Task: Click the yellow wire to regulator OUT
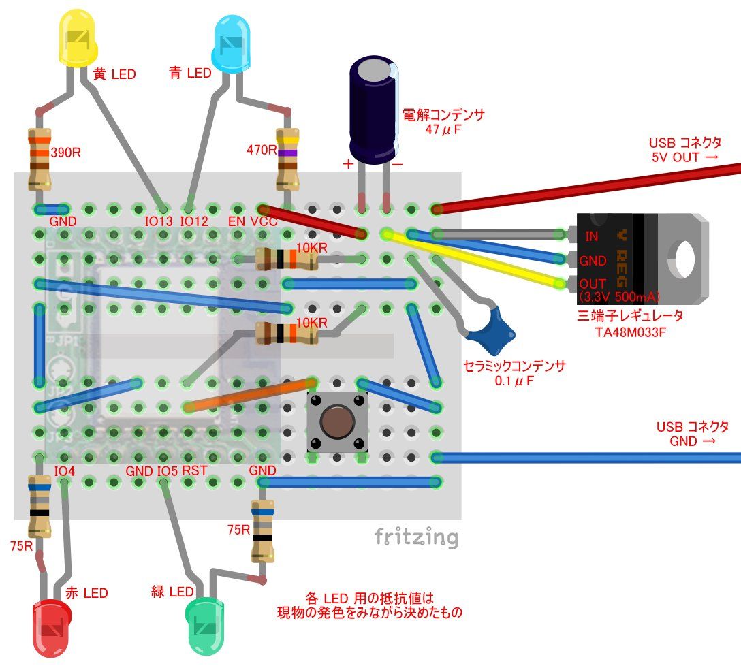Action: (x=477, y=259)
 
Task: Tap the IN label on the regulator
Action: (x=592, y=236)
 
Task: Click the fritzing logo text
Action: (x=416, y=538)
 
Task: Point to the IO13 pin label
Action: (x=159, y=221)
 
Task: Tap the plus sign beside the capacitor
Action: (x=349, y=164)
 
